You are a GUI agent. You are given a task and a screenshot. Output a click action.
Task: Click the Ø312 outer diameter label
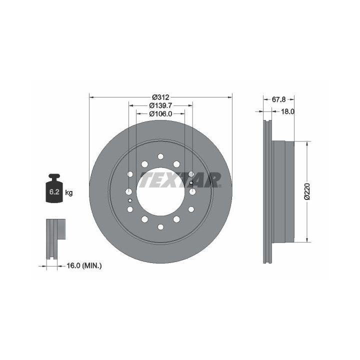[x=160, y=97]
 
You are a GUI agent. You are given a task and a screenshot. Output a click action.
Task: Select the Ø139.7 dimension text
[x=160, y=105]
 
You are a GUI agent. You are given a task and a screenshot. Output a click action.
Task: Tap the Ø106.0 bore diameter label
[x=160, y=113]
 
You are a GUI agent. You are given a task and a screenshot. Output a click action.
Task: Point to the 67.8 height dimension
[x=278, y=99]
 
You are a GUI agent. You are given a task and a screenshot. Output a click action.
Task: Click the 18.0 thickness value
[x=287, y=111]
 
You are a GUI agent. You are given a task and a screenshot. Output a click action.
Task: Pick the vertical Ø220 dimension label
[x=307, y=191]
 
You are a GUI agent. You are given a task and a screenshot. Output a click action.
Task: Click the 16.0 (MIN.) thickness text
[x=84, y=266]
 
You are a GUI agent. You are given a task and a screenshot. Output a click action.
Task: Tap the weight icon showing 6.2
[x=54, y=188]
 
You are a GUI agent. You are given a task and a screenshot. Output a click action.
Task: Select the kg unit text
[x=69, y=192]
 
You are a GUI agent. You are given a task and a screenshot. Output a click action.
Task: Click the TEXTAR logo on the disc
[x=180, y=180]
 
